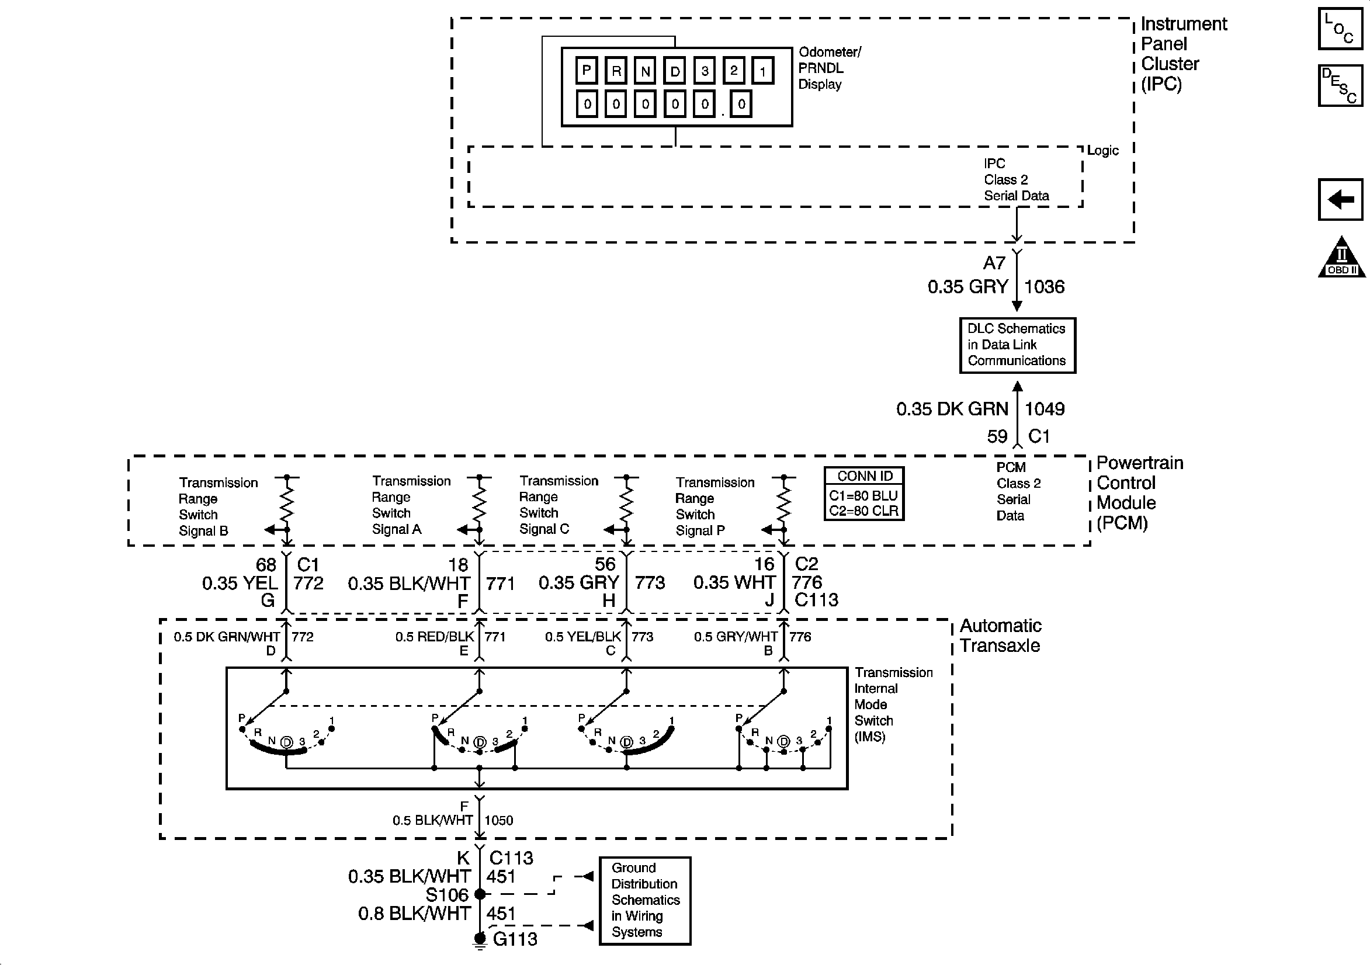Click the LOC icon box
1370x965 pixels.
(1340, 29)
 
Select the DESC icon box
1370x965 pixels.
(1340, 86)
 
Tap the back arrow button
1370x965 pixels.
(1340, 199)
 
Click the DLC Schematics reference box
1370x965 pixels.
(1017, 346)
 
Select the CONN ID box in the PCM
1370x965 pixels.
(864, 494)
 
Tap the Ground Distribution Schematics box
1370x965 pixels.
(645, 901)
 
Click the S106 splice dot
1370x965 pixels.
(479, 894)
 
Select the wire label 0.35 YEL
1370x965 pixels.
(240, 583)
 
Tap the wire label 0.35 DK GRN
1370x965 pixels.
(952, 409)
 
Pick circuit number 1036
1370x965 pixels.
(1044, 287)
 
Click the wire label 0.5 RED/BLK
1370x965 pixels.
(435, 637)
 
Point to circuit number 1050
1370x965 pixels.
(498, 820)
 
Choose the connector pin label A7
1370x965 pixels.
(994, 263)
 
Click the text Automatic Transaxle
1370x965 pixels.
(1001, 636)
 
